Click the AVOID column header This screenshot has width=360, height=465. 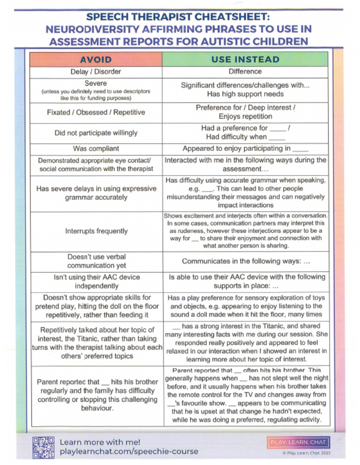pos(96,59)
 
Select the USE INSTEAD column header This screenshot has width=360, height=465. pos(245,59)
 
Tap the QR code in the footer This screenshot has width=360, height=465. pos(43,447)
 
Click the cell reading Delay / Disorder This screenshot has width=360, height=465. pos(96,72)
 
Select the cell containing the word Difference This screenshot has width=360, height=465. pos(245,72)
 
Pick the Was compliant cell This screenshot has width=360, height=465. pos(96,148)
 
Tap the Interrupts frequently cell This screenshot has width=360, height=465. pos(96,231)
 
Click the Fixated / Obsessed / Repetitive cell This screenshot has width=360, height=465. pos(96,112)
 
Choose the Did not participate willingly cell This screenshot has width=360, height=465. pos(96,133)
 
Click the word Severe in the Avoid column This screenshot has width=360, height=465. pos(96,82)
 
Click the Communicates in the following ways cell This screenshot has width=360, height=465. pos(245,261)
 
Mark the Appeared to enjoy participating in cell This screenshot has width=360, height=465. pos(245,149)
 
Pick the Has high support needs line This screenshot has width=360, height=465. pos(245,94)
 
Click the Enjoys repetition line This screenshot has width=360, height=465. pos(245,117)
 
